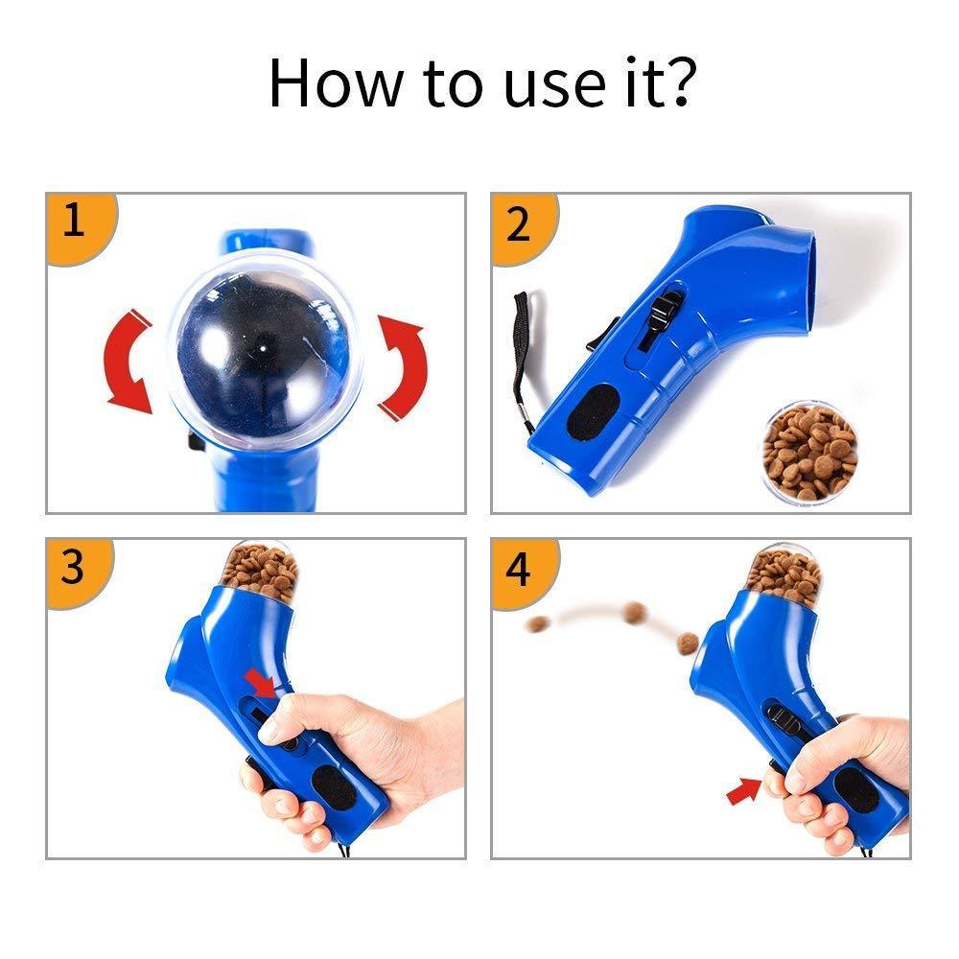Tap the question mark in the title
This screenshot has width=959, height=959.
pos(679,82)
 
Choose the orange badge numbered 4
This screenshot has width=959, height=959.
pos(523,573)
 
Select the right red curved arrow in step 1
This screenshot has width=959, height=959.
pos(403,367)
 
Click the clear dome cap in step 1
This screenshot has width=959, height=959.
pos(265,350)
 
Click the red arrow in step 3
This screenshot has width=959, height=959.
pos(261,682)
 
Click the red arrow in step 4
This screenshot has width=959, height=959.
pos(744,791)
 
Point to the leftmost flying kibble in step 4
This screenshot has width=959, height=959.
pos(538,624)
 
